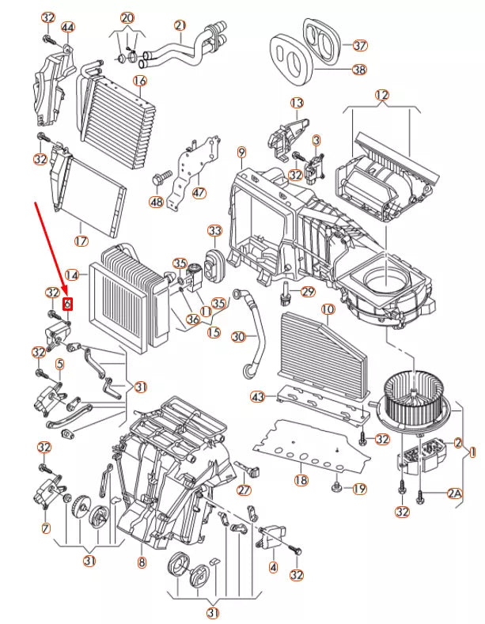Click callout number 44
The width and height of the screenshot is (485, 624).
[67, 28]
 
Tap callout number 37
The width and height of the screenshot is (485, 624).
[360, 45]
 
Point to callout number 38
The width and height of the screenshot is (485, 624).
[360, 70]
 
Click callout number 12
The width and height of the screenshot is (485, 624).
[382, 96]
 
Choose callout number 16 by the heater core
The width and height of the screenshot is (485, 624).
[140, 81]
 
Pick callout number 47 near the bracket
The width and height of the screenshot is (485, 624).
[199, 192]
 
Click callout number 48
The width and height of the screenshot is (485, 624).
[156, 202]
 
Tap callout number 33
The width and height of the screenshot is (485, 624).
[215, 230]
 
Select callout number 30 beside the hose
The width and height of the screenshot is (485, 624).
[240, 337]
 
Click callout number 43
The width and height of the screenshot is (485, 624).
[257, 395]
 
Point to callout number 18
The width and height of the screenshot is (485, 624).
[301, 480]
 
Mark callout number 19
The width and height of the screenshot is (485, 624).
[359, 489]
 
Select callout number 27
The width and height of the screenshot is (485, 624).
[244, 490]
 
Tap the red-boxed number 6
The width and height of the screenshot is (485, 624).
[67, 303]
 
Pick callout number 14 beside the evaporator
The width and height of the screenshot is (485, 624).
[72, 275]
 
